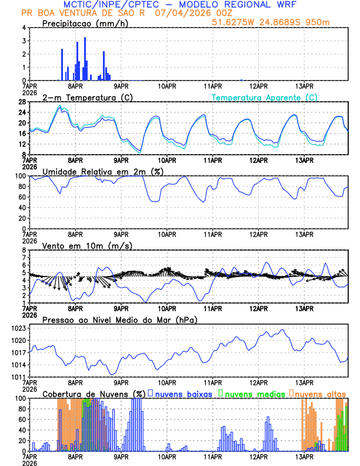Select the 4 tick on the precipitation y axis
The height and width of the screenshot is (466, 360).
point(24,28)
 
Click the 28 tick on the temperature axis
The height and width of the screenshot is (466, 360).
point(22,102)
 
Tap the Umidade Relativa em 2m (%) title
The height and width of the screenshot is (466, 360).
point(105,171)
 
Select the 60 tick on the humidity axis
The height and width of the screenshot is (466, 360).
point(22,197)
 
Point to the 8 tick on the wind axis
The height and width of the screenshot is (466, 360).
point(24,250)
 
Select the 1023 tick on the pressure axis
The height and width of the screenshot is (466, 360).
point(19,328)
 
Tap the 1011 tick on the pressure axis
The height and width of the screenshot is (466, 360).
point(19,377)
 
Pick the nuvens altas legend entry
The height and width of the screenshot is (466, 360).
point(320,394)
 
